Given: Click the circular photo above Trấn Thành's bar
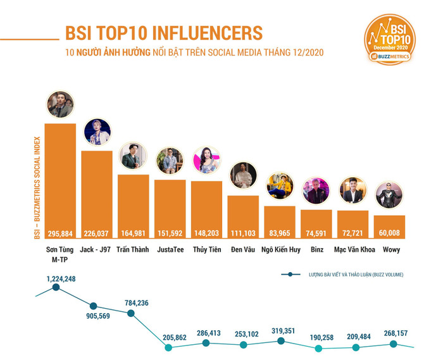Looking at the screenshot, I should coord(133,156).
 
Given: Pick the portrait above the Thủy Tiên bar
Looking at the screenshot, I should coord(207,161).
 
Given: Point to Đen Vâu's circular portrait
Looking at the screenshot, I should coord(243,176).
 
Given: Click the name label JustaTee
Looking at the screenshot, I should coord(170,249).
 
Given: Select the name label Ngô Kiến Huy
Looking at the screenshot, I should coord(280,249).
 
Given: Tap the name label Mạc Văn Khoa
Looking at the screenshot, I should coord(354,249).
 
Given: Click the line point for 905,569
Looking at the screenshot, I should coord(94,306).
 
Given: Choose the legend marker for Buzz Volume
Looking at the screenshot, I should coord(290,275).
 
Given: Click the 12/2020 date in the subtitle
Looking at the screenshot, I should coord(306,52).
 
